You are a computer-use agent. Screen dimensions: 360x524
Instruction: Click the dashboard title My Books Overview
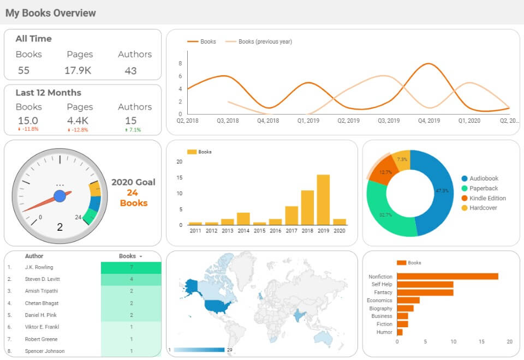(51, 13)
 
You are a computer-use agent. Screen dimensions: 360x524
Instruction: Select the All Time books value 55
(23, 70)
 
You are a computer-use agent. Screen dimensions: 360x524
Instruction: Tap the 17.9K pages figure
(78, 70)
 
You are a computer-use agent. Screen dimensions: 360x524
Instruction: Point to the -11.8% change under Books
(28, 130)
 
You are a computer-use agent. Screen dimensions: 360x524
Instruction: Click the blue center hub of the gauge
(60, 196)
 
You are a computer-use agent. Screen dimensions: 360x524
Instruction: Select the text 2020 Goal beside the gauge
(133, 182)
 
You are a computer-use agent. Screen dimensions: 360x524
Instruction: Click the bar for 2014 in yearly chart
(243, 219)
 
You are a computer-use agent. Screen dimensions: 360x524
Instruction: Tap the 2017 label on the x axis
(291, 231)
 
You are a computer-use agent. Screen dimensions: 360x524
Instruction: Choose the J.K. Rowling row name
(39, 267)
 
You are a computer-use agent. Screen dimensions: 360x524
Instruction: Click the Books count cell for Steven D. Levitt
(131, 279)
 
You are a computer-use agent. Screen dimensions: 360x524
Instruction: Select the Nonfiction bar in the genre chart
(447, 277)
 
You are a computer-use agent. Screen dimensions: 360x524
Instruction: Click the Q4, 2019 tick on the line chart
(429, 121)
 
